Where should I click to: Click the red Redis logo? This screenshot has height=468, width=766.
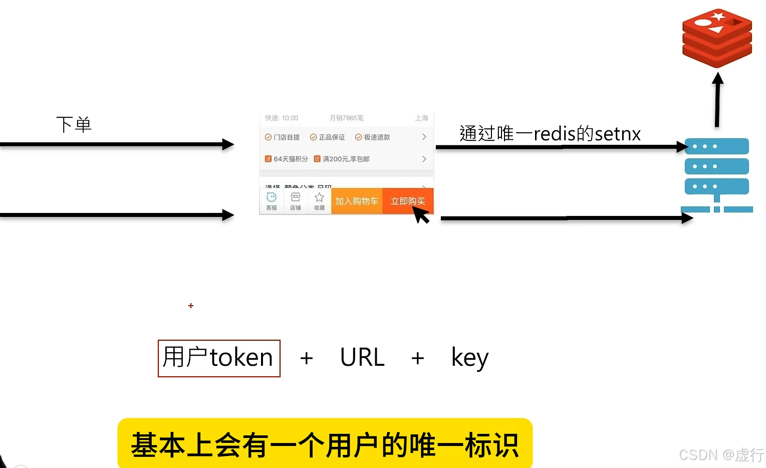(717, 38)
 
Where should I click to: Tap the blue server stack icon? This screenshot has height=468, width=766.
(716, 173)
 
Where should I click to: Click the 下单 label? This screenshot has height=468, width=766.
(74, 125)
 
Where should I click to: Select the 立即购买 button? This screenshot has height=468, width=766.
(407, 201)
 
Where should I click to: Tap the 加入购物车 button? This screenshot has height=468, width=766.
(356, 201)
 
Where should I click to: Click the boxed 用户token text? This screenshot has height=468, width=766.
(219, 358)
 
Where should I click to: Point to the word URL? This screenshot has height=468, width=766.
(362, 358)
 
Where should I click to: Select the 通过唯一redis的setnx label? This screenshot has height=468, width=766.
(550, 134)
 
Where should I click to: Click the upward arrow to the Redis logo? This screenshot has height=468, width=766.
(717, 100)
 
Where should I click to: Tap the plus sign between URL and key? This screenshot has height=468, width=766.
(417, 358)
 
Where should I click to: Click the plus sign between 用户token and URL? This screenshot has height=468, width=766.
(306, 358)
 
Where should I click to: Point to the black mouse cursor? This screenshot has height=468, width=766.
(421, 214)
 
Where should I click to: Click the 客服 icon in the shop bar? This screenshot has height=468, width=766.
(272, 200)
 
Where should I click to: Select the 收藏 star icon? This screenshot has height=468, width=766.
(319, 200)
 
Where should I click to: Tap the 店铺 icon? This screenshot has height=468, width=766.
(296, 200)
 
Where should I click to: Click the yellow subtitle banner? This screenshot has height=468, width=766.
(325, 444)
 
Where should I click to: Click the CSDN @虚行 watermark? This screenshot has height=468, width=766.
(721, 454)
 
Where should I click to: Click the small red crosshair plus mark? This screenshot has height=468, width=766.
(191, 306)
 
